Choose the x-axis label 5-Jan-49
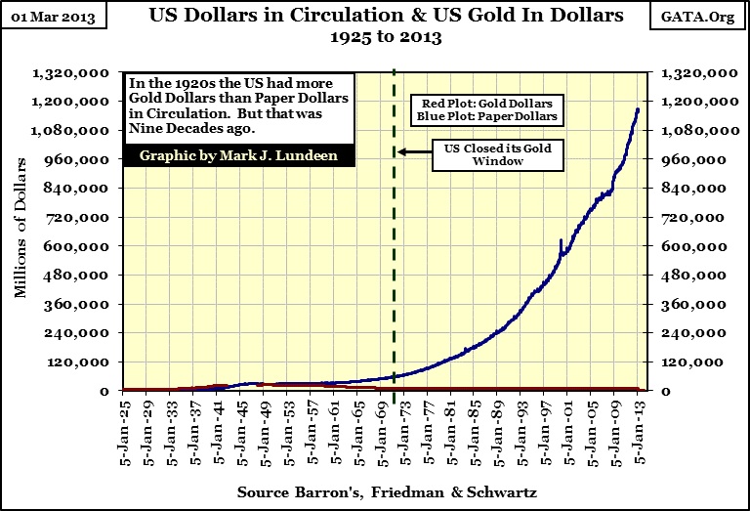[265, 430]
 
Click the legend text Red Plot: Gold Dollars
[501, 103]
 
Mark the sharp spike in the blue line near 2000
[560, 240]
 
